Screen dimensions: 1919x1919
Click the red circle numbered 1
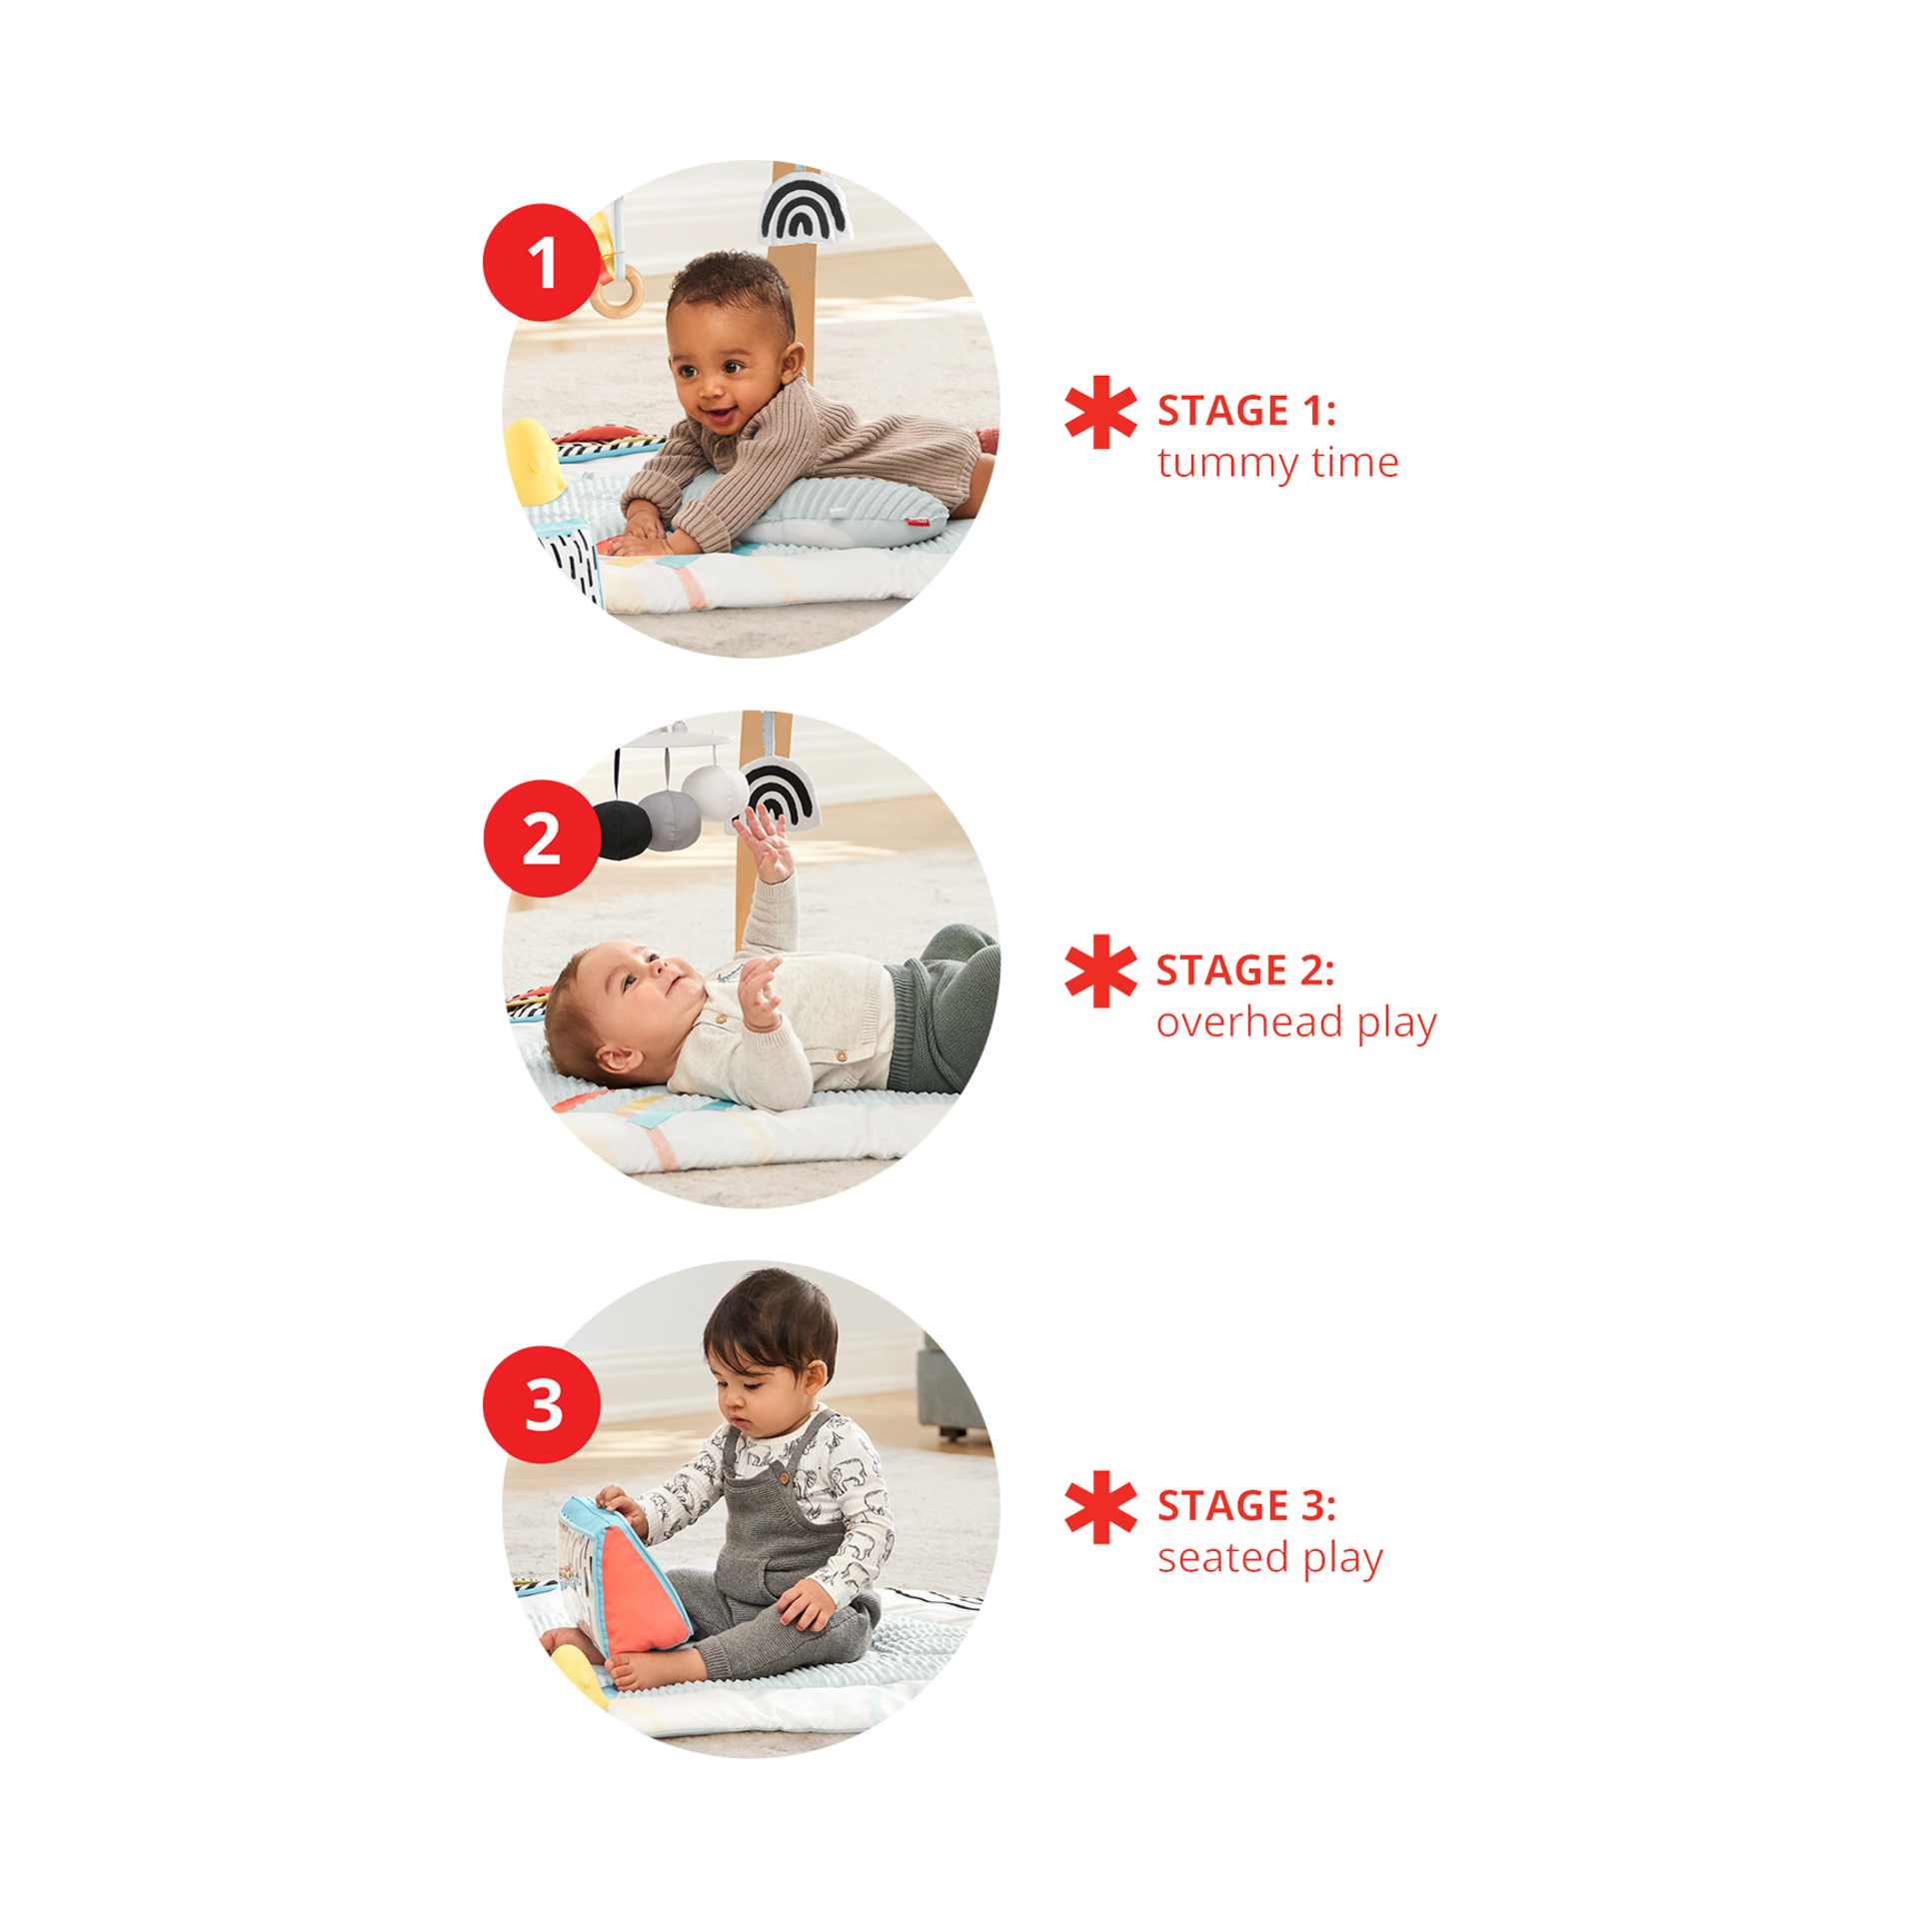click(x=542, y=262)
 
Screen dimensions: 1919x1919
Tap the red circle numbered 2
click(x=542, y=838)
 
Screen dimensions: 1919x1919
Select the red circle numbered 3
click(x=542, y=1404)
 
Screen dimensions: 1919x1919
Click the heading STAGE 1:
click(x=1246, y=411)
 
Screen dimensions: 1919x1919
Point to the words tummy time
click(x=1277, y=463)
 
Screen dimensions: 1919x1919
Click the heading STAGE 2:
click(x=1245, y=970)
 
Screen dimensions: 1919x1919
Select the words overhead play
click(x=1296, y=1022)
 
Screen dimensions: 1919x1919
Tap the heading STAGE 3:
click(x=1246, y=1505)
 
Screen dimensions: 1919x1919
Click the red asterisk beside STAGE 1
click(x=1100, y=412)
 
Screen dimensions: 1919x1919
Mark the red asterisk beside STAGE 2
click(x=1100, y=970)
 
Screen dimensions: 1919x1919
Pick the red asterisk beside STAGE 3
click(x=1100, y=1506)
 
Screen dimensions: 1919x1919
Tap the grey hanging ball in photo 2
click(x=670, y=821)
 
